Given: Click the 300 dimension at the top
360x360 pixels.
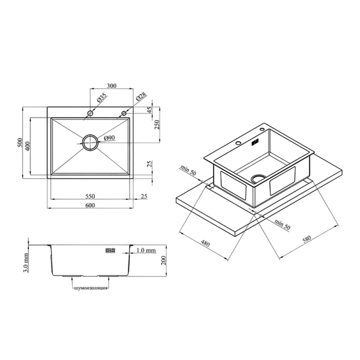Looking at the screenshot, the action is (x=112, y=86).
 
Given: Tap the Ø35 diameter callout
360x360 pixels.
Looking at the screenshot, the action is (x=102, y=97).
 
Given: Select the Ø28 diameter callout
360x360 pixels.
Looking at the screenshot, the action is (x=141, y=97).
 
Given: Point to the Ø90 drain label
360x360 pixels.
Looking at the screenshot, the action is (x=110, y=138).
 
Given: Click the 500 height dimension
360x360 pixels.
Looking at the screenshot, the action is (x=20, y=143).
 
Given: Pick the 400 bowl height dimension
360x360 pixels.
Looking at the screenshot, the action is (x=28, y=146).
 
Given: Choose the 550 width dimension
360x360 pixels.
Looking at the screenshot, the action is (x=90, y=196).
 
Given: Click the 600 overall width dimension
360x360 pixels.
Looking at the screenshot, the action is (x=90, y=205).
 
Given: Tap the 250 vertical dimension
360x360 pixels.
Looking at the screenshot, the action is (x=157, y=125).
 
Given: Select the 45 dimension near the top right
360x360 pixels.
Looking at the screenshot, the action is (x=149, y=110).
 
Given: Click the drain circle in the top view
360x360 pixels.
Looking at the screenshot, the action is (x=90, y=143).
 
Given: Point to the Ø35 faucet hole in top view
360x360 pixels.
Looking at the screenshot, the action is (x=90, y=113).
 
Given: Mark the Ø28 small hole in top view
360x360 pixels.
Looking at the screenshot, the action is (x=124, y=113).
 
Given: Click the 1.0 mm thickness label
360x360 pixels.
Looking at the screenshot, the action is (x=146, y=250).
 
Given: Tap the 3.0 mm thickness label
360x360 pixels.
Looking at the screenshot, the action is (x=26, y=263).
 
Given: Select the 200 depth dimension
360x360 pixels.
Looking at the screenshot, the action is (x=163, y=260).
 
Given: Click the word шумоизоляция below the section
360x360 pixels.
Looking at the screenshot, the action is (x=91, y=288).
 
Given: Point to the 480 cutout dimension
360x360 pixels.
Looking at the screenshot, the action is (x=205, y=244).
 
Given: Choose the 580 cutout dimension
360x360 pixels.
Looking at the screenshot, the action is (x=307, y=239).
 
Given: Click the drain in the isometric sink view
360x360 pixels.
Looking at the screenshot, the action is (x=259, y=178).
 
